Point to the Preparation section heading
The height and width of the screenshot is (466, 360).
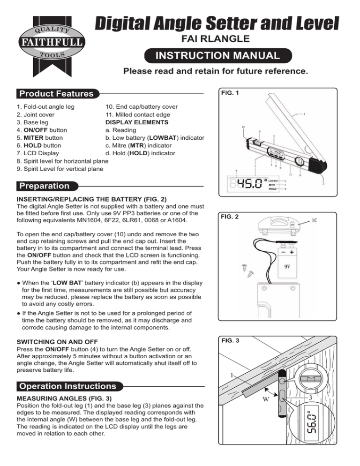(x=43, y=186)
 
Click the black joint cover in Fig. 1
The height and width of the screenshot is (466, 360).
(x=315, y=164)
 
